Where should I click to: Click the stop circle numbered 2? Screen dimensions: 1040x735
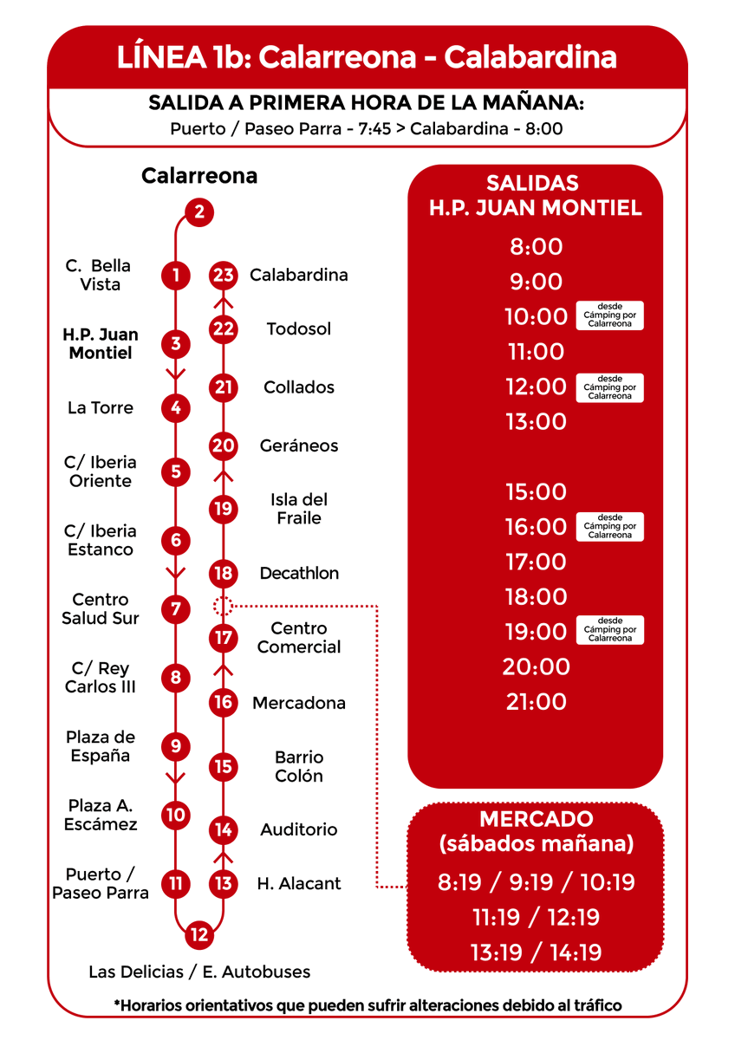tap(199, 211)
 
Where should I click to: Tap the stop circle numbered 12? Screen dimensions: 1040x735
tap(199, 934)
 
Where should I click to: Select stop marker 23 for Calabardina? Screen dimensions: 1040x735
tap(224, 276)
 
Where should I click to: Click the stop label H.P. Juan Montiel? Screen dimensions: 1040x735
tap(101, 344)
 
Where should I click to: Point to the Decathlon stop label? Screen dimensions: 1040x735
tap(299, 573)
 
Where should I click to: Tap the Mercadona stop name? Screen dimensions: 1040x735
tap(299, 703)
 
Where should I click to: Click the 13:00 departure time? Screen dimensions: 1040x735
tap(536, 422)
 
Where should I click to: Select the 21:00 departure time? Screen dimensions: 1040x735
tap(536, 702)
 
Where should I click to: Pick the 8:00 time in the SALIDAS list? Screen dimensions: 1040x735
tap(536, 247)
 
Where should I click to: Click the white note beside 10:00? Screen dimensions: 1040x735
tap(609, 316)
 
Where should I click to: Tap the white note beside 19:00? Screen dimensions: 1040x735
tap(609, 630)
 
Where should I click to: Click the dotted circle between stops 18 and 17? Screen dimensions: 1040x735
tap(224, 606)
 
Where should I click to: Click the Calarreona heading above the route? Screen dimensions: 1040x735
tap(199, 176)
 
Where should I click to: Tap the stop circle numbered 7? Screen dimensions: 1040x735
tap(176, 608)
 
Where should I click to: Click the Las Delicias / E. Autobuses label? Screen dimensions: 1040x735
tap(199, 972)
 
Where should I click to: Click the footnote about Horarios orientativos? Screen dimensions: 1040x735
tap(367, 1005)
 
